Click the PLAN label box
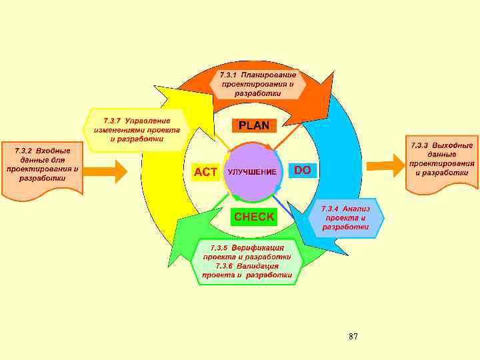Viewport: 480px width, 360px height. (x=254, y=125)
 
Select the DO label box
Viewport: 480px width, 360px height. (x=302, y=171)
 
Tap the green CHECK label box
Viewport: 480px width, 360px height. (x=253, y=217)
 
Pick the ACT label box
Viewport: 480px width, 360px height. (x=205, y=172)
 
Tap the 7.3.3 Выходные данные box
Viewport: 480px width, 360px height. (x=441, y=159)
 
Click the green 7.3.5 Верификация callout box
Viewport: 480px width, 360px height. (x=247, y=261)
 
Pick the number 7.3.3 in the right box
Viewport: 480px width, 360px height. (x=419, y=145)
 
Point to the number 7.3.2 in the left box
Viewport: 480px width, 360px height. (x=23, y=151)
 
